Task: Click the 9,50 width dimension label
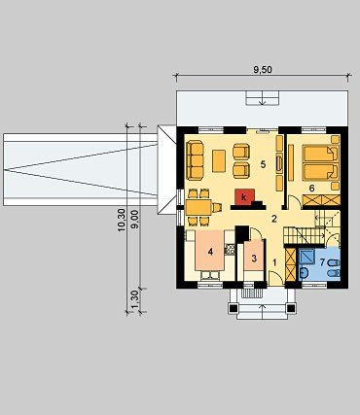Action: pos(262,70)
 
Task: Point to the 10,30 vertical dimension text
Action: pos(122,220)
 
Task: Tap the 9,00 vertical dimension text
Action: pos(134,220)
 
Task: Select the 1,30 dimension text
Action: pos(134,300)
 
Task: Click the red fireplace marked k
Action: pos(243,196)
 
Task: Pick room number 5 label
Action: pos(263,164)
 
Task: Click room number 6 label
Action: pos(311,189)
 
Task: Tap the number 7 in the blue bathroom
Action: pos(322,262)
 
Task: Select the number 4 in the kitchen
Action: pos(211,252)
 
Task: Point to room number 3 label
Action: pos(254,259)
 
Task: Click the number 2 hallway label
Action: pos(274,219)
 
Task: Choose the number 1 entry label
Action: pos(274,262)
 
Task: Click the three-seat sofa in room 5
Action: pos(195,159)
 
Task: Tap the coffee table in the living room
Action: pos(219,160)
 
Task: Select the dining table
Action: pos(198,207)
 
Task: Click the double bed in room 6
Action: pos(320,162)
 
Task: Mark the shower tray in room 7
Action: pos(306,257)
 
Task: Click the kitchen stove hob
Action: pos(230,249)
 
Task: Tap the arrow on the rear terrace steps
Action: pos(262,100)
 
